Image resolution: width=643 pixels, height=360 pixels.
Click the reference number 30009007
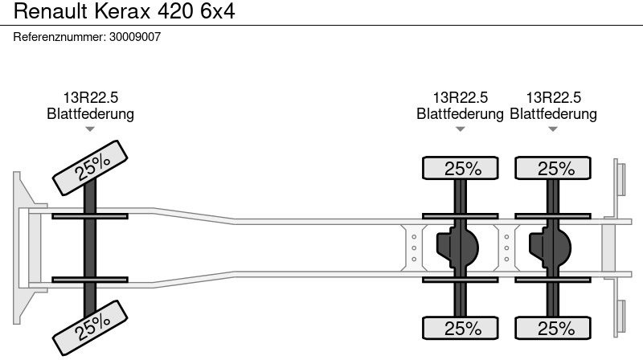[x=135, y=37]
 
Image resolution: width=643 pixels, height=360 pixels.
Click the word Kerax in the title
[x=123, y=11]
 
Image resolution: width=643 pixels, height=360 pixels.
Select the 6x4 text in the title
[x=217, y=11]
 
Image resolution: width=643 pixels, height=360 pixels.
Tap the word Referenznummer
[x=59, y=37]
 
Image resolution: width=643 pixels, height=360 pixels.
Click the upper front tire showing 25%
[x=90, y=168]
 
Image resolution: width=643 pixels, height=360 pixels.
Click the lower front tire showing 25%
[x=90, y=328]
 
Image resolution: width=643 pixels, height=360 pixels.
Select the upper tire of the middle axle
[x=460, y=168]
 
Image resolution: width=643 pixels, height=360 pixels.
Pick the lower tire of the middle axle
[x=460, y=328]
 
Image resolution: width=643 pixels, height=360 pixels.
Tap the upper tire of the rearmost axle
[x=553, y=168]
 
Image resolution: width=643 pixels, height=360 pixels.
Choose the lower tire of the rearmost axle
[x=553, y=328]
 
